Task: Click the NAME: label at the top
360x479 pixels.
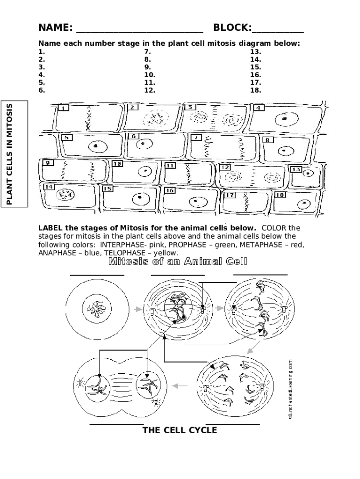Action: click(55, 28)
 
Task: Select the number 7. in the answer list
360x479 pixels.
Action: click(148, 51)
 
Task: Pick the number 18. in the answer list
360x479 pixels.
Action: click(255, 90)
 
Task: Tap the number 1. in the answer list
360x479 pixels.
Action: click(42, 51)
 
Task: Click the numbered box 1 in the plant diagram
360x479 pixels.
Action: click(63, 108)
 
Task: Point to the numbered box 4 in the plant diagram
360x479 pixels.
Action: click(258, 108)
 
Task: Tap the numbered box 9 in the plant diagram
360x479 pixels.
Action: click(47, 163)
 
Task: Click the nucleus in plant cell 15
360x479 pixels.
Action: click(139, 199)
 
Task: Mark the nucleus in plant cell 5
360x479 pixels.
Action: click(95, 146)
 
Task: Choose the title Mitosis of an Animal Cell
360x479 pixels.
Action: click(178, 261)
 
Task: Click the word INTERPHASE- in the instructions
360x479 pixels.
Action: click(122, 244)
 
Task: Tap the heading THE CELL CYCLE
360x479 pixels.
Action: click(180, 430)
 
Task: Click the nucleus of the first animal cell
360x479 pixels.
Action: click(97, 309)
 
